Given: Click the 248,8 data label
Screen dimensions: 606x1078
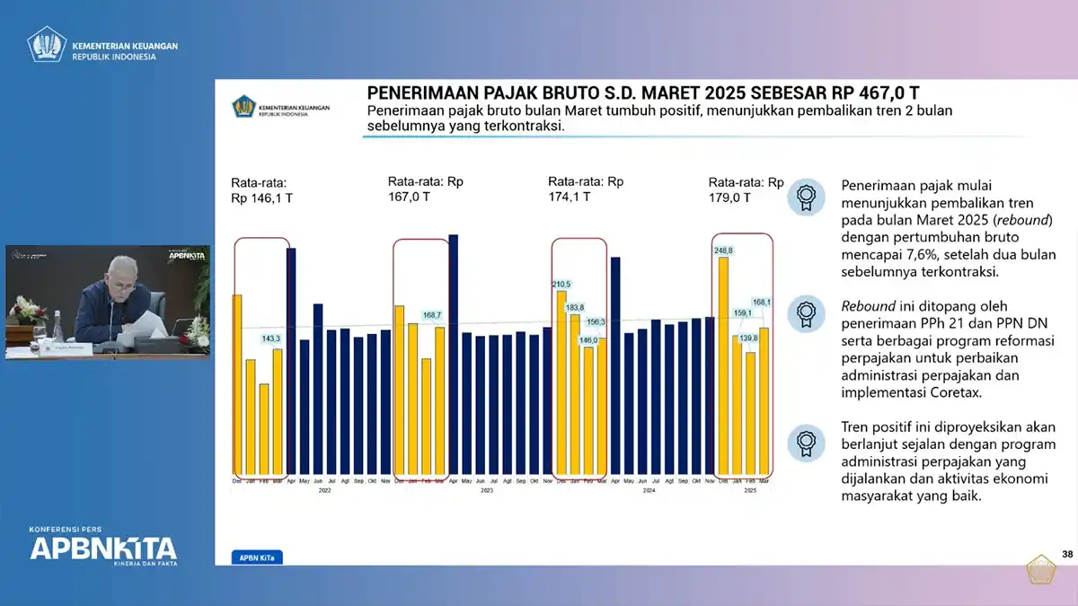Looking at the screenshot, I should pyautogui.click(x=723, y=250).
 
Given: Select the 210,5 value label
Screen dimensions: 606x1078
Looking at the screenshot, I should pyautogui.click(x=561, y=284).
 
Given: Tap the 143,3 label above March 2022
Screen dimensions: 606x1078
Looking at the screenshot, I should pyautogui.click(x=271, y=338).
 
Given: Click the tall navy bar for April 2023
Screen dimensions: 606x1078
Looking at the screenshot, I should pyautogui.click(x=453, y=355).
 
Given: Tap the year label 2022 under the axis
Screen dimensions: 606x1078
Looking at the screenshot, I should pyautogui.click(x=324, y=491).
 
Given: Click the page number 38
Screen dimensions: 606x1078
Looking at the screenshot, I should pyautogui.click(x=1067, y=554).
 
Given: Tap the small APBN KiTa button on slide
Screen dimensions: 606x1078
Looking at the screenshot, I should pyautogui.click(x=256, y=558).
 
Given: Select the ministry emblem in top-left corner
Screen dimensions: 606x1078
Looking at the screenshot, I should pyautogui.click(x=47, y=44).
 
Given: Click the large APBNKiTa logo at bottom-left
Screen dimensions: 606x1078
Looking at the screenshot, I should pyautogui.click(x=103, y=548).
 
